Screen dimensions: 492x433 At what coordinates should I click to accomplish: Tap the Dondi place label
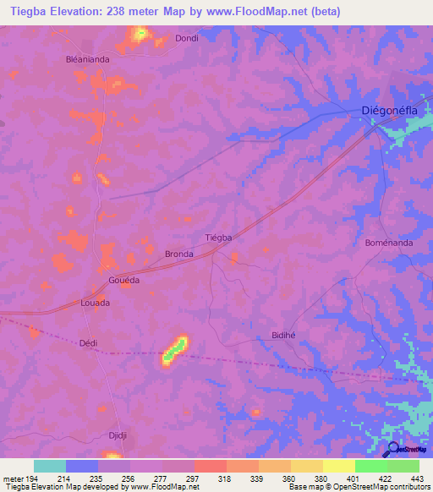tap(186, 38)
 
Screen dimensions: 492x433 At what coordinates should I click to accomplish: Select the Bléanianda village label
tap(89, 59)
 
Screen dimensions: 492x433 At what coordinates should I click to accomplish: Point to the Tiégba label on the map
tap(219, 238)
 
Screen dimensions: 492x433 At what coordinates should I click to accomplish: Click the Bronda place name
tap(179, 254)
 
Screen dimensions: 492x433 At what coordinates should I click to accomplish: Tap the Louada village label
tap(95, 302)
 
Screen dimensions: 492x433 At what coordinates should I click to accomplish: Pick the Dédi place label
tap(88, 343)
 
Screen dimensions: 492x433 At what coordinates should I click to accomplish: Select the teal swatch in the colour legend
tap(50, 466)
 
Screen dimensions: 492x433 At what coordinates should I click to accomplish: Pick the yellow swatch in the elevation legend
tap(339, 466)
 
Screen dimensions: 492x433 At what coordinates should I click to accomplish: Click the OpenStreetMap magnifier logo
tap(392, 449)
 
